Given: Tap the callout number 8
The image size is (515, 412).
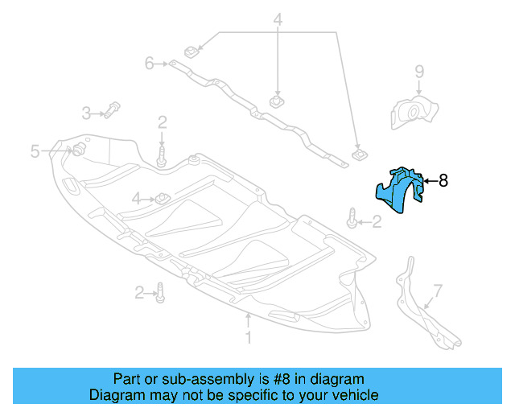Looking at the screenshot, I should [x=443, y=181].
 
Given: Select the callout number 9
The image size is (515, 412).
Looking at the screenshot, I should [x=419, y=72].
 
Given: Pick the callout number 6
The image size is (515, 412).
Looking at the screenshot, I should [x=149, y=62].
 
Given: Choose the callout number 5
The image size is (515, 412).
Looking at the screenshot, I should [x=35, y=150].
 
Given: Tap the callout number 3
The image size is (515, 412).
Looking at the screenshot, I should [x=85, y=112].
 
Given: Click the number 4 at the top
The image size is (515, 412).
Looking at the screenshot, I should [x=278, y=19].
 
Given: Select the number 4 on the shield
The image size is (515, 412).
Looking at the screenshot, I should [x=137, y=198].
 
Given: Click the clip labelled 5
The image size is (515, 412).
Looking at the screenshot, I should [x=79, y=150].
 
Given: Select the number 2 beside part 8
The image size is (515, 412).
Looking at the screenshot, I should [x=377, y=221].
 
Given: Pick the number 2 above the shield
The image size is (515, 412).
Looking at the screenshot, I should [x=162, y=122].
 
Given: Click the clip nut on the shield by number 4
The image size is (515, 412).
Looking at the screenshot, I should [x=161, y=197].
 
